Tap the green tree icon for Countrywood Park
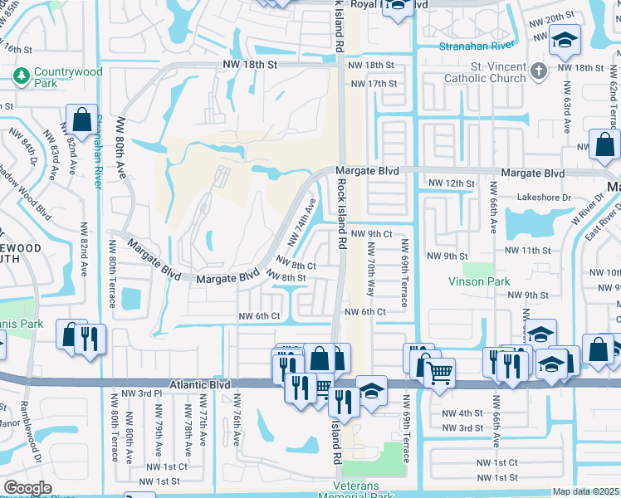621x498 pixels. point(21,76)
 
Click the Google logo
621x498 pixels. point(27,488)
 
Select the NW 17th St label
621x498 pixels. point(372,84)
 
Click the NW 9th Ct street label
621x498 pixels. point(370,235)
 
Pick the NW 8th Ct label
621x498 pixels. point(296,266)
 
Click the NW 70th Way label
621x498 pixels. point(370,270)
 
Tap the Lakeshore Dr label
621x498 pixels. point(452,198)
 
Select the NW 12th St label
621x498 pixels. point(451,183)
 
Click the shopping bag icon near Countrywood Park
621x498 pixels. point(82,120)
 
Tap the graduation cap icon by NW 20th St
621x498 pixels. point(564,38)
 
